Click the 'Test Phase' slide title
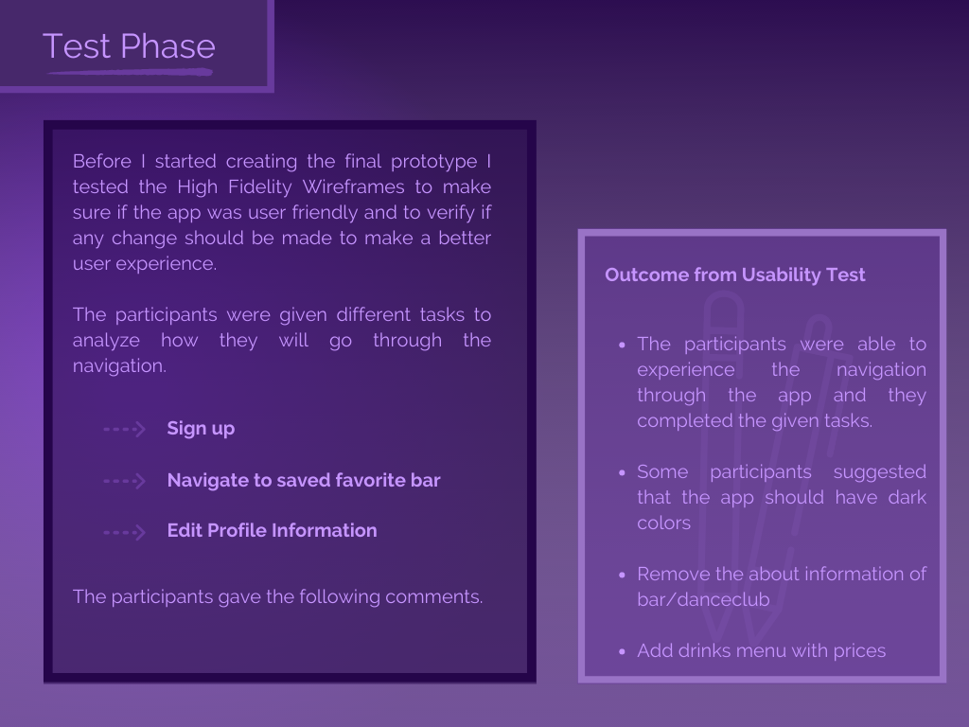129,46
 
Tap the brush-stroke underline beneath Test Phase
130,72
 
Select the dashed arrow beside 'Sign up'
124,429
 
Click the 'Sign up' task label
201,429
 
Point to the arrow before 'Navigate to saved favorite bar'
124,480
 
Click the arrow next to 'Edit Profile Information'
124,532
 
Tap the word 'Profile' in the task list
237,530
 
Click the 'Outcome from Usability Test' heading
734,275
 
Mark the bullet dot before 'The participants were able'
623,345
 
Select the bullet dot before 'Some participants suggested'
623,473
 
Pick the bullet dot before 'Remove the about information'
623,575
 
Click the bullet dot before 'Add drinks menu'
623,651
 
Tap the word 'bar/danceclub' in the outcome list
703,599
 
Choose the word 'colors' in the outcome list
663,523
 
